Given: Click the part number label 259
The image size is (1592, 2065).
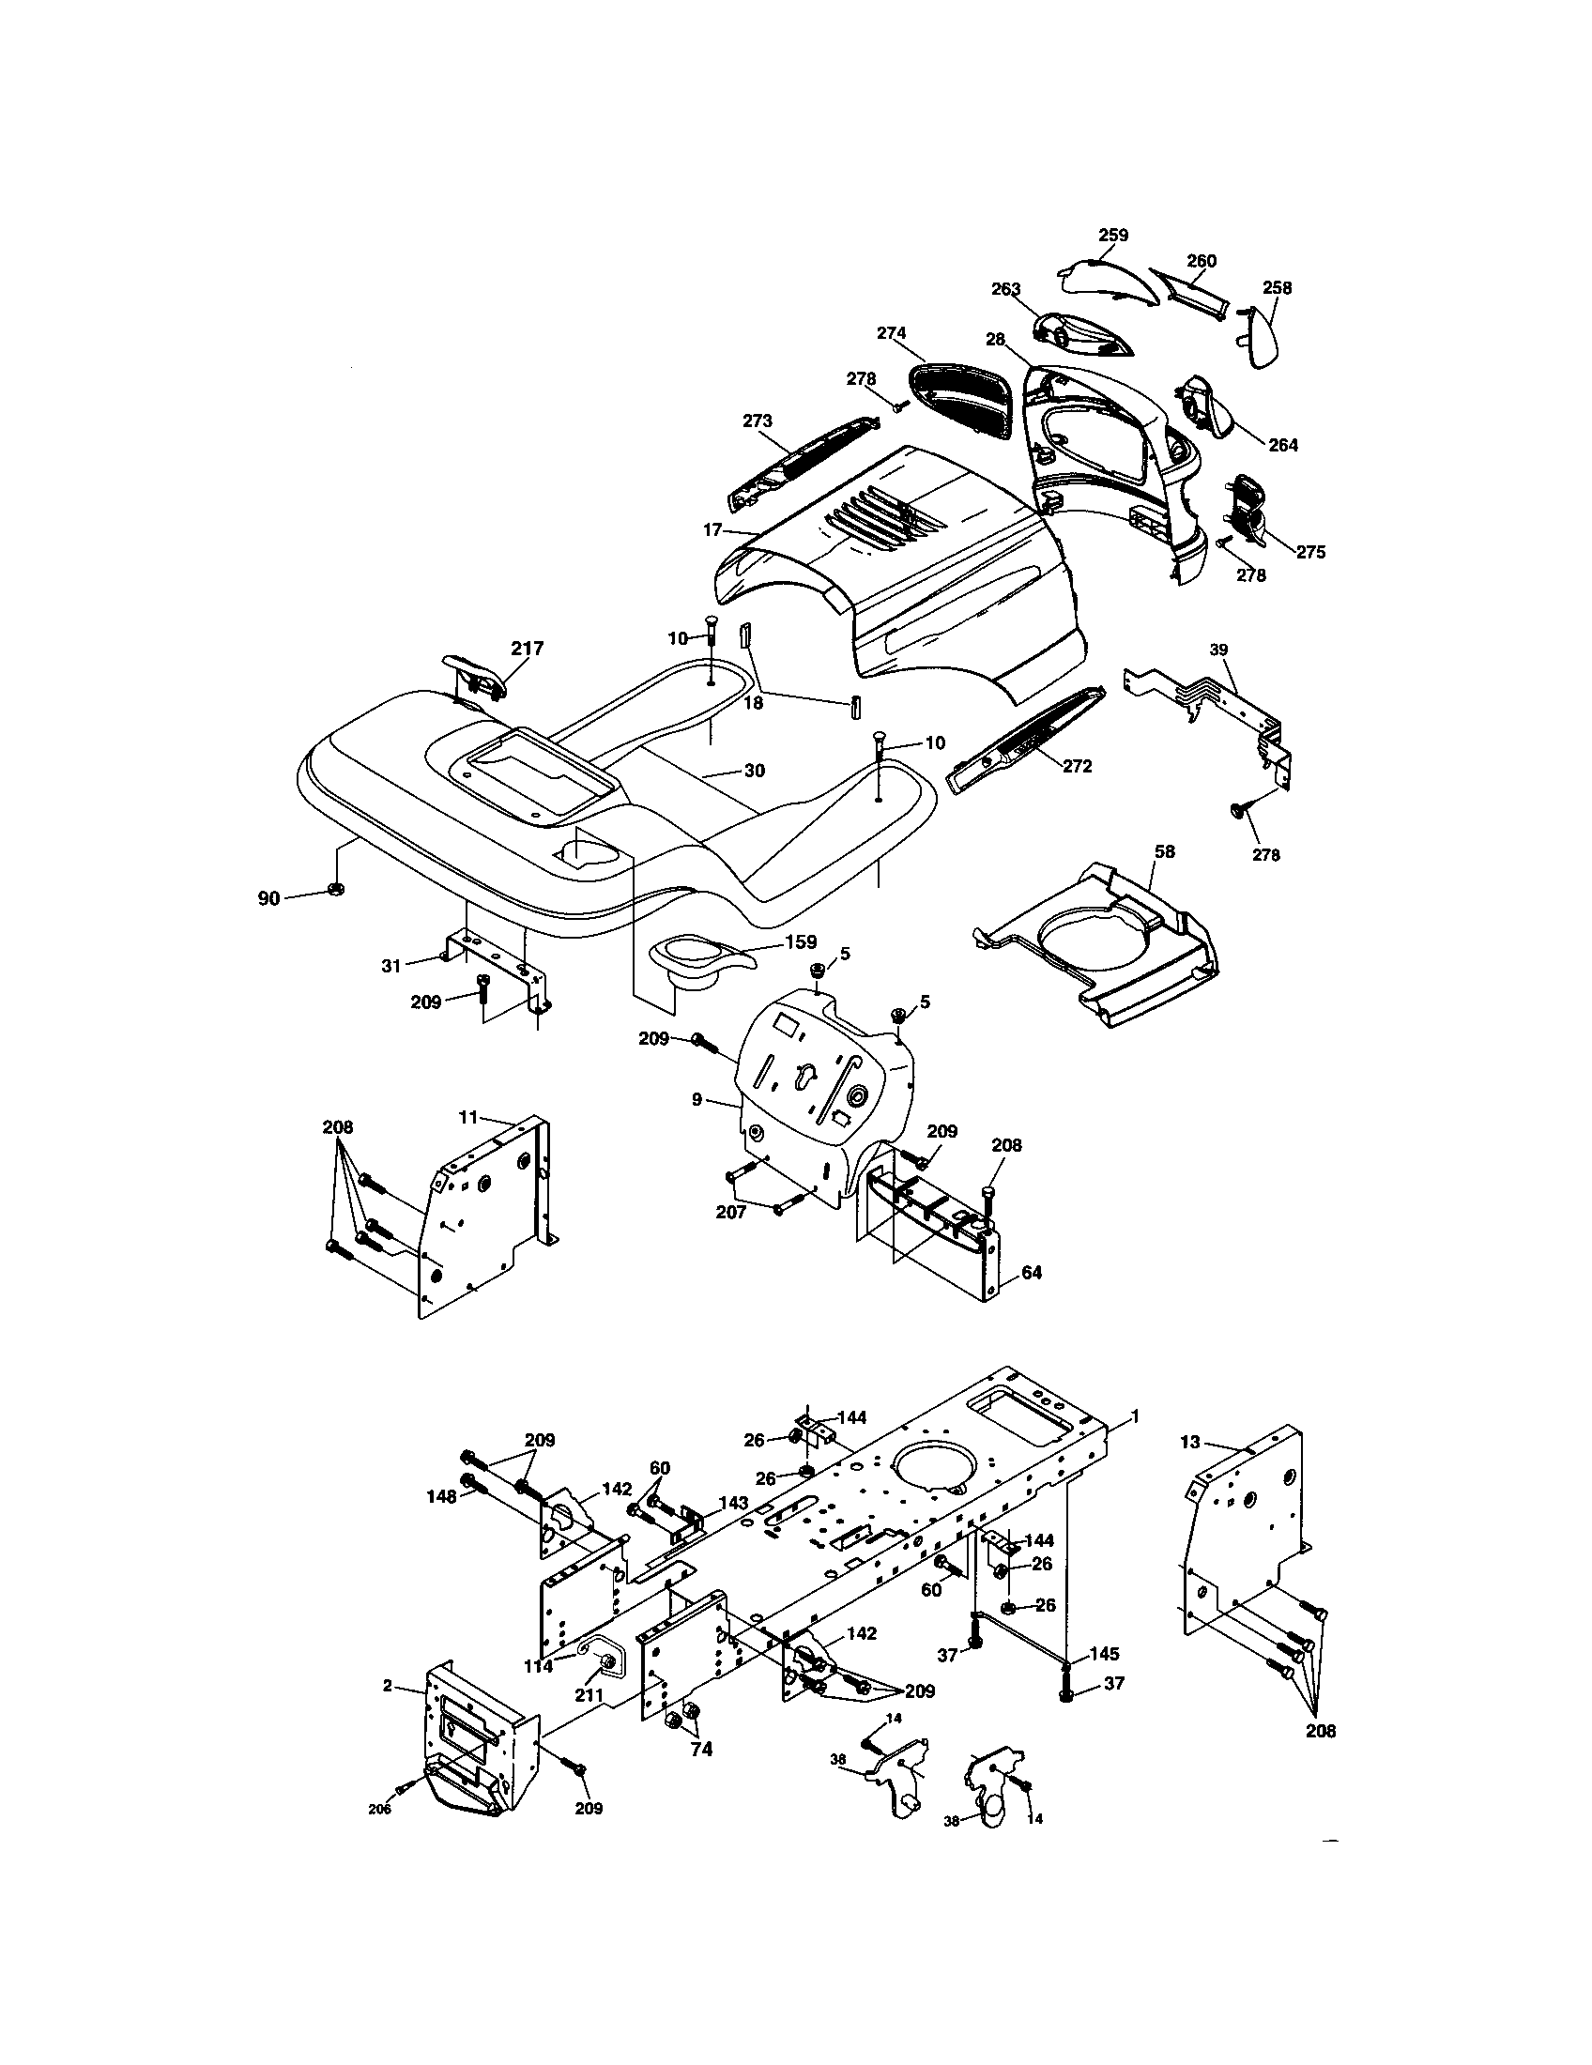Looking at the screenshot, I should point(1112,235).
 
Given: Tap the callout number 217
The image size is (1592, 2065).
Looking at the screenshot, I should point(528,649).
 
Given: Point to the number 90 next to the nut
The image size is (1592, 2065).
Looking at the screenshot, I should point(268,898).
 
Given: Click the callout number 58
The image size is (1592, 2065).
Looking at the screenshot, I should point(1165,851).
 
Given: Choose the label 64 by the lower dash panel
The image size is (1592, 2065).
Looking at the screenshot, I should point(1032,1273).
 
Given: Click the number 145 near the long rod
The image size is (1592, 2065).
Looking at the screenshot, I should point(1104,1654).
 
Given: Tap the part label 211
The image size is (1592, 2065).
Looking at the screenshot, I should point(589,1696).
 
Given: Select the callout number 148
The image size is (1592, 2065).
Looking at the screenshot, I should point(441,1496).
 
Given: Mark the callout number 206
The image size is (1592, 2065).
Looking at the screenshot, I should point(379,1809).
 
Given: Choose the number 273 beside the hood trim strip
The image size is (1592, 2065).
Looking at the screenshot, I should point(758,421).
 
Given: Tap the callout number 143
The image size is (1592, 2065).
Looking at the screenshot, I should point(733,1503).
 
